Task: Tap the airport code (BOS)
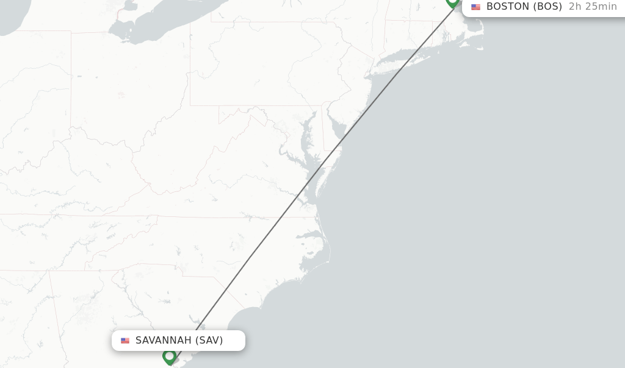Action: [547, 7]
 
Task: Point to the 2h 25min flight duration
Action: [592, 7]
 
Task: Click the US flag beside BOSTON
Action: [475, 7]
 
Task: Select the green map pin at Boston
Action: [452, 2]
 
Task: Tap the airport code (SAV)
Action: [209, 341]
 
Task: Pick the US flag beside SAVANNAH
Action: [125, 341]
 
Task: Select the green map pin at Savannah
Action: [169, 356]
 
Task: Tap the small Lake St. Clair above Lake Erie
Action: [128, 7]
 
